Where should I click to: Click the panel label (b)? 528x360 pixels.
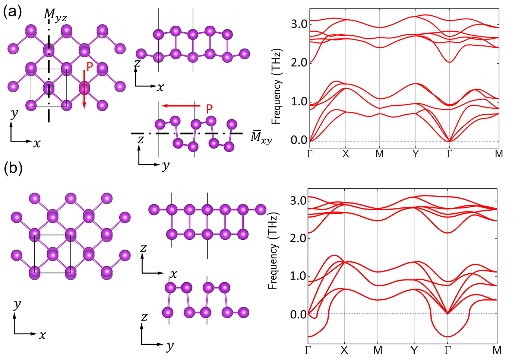click(13, 168)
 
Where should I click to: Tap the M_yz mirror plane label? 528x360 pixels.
click(55, 15)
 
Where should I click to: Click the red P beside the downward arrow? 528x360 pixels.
click(90, 67)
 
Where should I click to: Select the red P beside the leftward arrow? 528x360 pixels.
click(209, 109)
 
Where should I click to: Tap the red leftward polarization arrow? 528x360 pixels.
click(181, 106)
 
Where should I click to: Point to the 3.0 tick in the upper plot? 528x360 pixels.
click(299, 24)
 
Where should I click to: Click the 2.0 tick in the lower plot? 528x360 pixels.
click(298, 238)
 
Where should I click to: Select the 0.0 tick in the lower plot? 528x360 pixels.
click(298, 315)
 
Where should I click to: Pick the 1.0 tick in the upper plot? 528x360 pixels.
click(299, 102)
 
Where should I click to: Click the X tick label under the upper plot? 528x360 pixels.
click(346, 154)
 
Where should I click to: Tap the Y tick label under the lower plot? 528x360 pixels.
click(414, 350)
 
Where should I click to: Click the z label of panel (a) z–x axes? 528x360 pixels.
click(137, 64)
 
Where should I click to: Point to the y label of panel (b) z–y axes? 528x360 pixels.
click(170, 346)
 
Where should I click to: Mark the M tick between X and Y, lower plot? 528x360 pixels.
click(378, 350)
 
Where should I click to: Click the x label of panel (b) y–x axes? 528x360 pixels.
click(42, 335)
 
